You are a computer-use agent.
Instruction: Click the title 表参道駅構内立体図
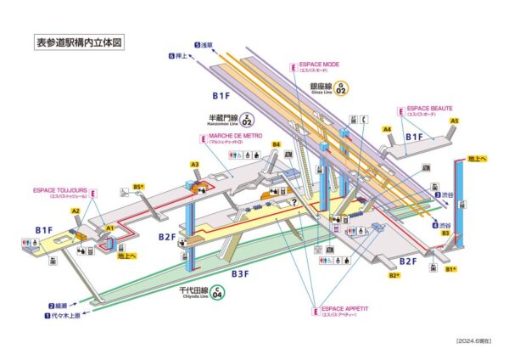tap(79, 41)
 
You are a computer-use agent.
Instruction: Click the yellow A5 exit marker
tap(455, 121)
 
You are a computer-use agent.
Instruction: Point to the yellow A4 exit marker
tap(387, 130)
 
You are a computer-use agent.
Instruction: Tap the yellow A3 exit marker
tap(194, 165)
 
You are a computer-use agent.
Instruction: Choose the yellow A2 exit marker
tap(76, 211)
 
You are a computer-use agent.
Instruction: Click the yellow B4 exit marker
tap(276, 145)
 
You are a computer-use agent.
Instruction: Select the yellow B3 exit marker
tap(445, 232)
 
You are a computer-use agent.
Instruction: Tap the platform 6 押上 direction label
tap(182, 56)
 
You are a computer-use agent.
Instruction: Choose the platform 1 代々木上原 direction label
tap(64, 316)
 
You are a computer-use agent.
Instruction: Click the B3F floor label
tap(241, 273)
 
